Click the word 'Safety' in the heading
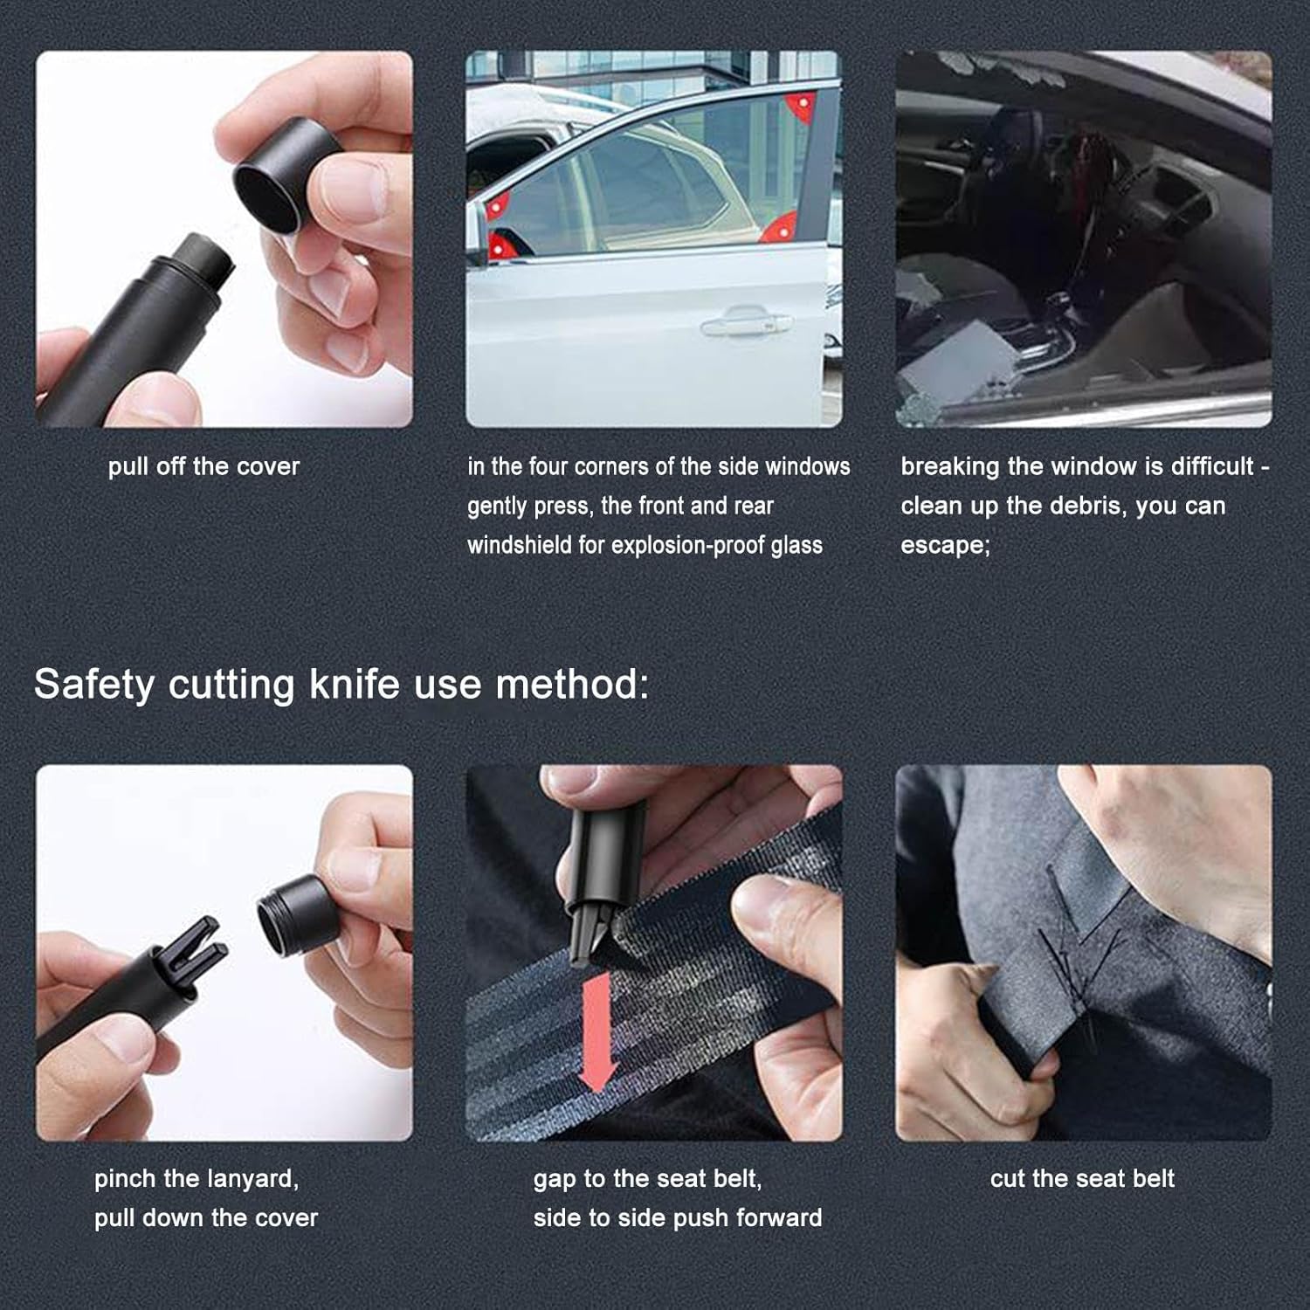pos(93,684)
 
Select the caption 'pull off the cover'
pos(203,466)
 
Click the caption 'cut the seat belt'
pos(1082,1178)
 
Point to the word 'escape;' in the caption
pos(945,545)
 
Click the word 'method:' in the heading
pos(572,684)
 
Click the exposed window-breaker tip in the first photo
pos(205,259)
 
